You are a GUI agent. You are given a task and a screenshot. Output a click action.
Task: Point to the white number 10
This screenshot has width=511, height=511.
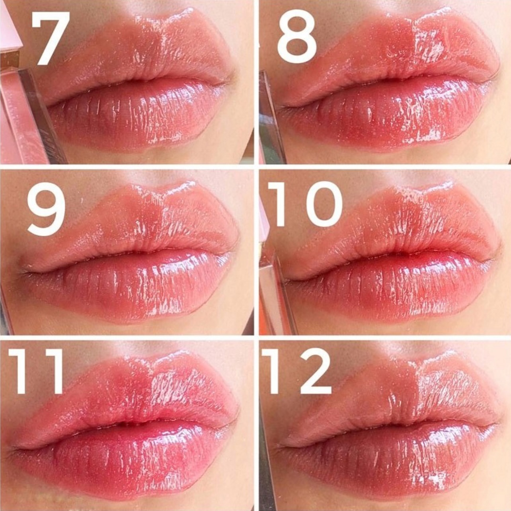coord(305,204)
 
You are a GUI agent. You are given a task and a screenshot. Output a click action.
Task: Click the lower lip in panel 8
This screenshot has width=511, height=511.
coord(398,117)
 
